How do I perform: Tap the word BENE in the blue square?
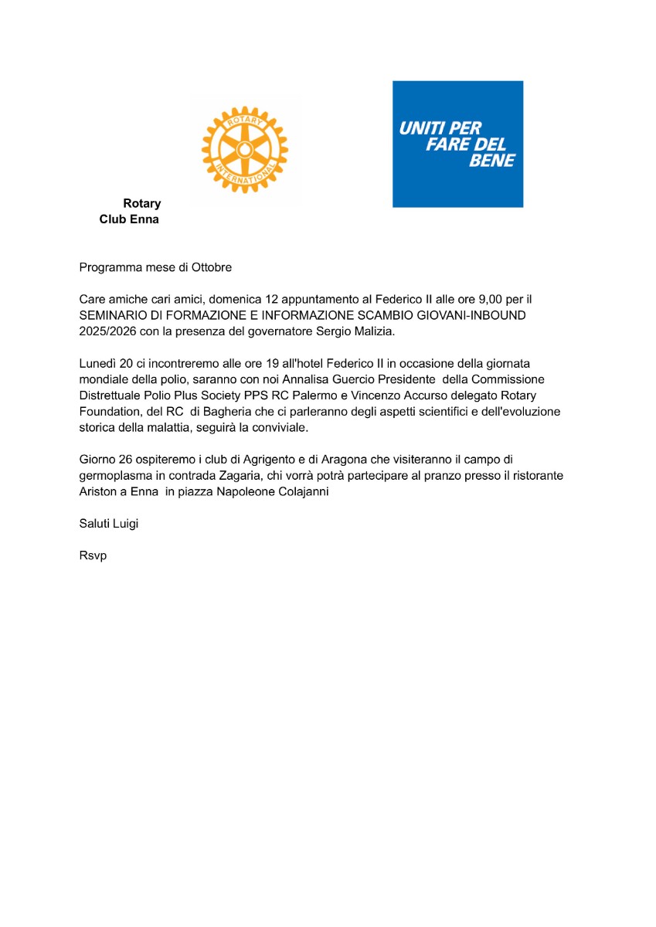click(x=492, y=161)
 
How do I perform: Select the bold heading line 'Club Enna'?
click(x=129, y=219)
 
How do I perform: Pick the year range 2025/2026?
click(x=108, y=331)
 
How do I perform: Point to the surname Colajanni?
click(x=304, y=492)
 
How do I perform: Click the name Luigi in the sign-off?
click(x=126, y=524)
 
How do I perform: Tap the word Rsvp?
click(x=93, y=555)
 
